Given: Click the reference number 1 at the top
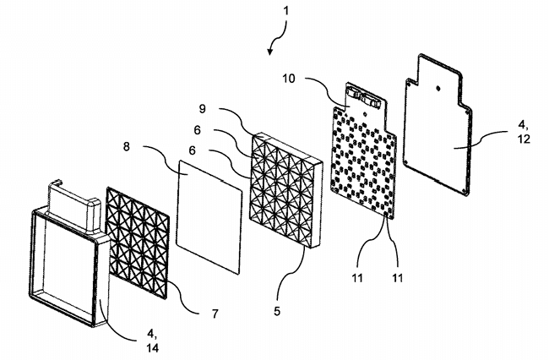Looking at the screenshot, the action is pyautogui.click(x=286, y=11).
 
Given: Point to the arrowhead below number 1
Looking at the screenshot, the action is pyautogui.click(x=269, y=52).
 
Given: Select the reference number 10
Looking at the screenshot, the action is pyautogui.click(x=289, y=79).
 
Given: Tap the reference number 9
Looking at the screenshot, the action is pyautogui.click(x=203, y=109).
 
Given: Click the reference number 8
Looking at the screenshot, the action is pyautogui.click(x=127, y=147).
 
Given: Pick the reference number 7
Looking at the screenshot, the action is pyautogui.click(x=215, y=313).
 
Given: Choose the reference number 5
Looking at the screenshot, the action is pyautogui.click(x=277, y=311).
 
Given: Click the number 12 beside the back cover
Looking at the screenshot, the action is pyautogui.click(x=524, y=139).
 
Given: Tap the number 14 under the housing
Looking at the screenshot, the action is pyautogui.click(x=153, y=347).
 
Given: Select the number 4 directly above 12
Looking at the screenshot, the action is pyautogui.click(x=523, y=125).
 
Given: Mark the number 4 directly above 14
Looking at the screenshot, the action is pyautogui.click(x=151, y=334).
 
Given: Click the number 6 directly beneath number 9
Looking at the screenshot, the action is pyautogui.click(x=198, y=130).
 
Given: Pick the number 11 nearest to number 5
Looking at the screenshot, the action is pyautogui.click(x=357, y=278).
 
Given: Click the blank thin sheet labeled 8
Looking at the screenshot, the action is pyautogui.click(x=209, y=216).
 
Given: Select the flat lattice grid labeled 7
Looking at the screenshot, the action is pyautogui.click(x=137, y=243).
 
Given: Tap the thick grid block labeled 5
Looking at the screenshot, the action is pyautogui.click(x=285, y=190).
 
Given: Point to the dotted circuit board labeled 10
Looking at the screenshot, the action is pyautogui.click(x=364, y=150).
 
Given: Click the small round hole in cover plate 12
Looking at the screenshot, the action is pyautogui.click(x=438, y=89).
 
